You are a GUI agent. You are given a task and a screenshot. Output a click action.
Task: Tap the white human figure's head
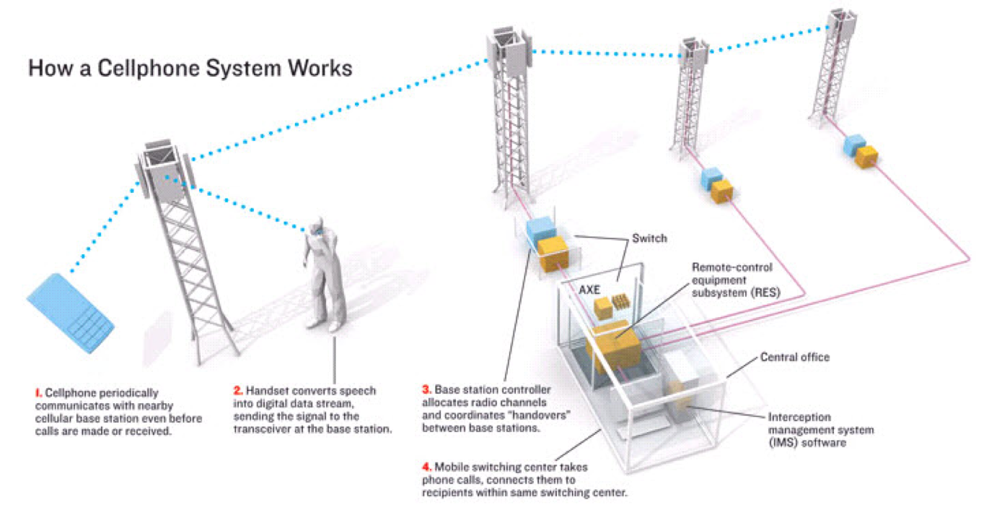pyautogui.click(x=316, y=225)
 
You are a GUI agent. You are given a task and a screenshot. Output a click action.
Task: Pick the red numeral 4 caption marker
pyautogui.click(x=427, y=467)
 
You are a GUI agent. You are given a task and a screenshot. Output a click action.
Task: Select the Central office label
pyautogui.click(x=795, y=357)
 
